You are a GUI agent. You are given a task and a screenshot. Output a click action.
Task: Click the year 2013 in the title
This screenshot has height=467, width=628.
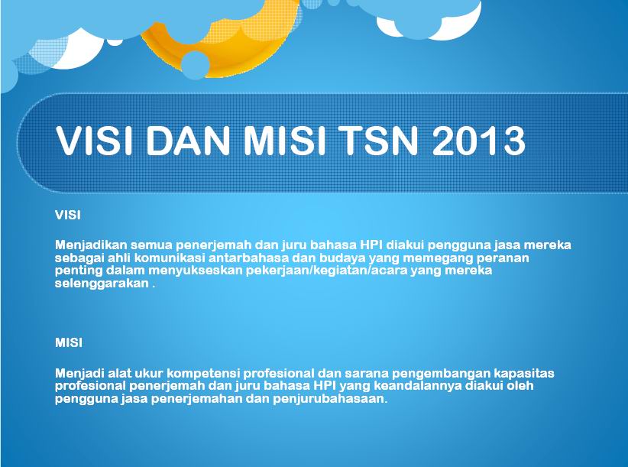[478, 141]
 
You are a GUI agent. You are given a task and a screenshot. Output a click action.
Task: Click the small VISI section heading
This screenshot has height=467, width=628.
[68, 216]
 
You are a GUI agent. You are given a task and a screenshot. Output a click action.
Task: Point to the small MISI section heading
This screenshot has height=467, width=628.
[69, 343]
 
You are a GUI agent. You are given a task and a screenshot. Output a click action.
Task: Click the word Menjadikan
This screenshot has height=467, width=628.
[90, 245]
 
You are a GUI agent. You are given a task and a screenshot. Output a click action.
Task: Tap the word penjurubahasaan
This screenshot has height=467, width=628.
[330, 400]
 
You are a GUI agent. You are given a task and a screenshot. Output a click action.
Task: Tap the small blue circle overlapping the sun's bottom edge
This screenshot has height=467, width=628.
[195, 65]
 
